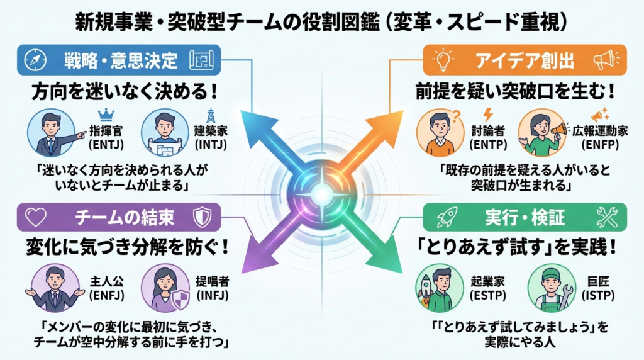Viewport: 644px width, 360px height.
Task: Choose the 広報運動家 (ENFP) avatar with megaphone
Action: tap(540, 134)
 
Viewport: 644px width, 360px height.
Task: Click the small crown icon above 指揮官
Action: tap(105, 115)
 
